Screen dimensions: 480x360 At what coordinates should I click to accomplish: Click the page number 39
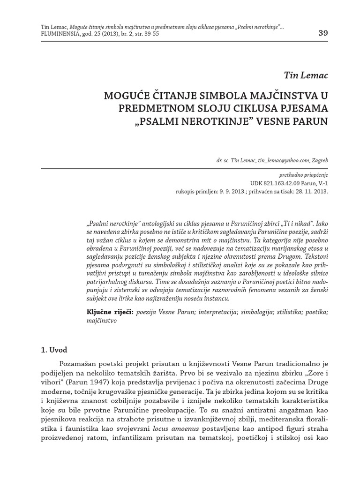point(323,33)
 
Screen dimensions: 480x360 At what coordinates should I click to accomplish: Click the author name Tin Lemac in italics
point(306,75)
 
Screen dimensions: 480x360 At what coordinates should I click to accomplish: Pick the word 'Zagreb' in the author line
point(319,161)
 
